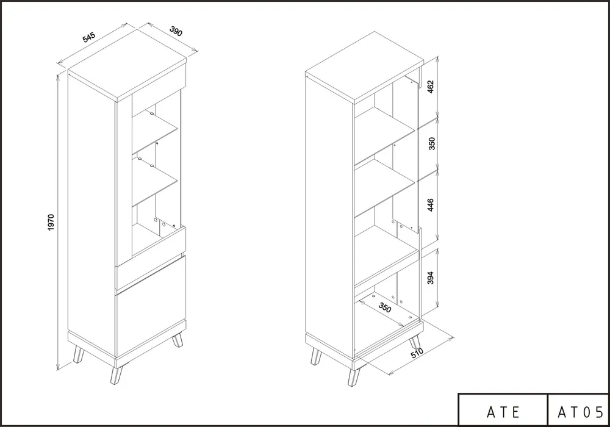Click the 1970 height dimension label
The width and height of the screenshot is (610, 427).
(x=51, y=223)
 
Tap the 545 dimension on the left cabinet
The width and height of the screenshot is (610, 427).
(x=88, y=37)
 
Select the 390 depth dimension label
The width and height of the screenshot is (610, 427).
(x=176, y=31)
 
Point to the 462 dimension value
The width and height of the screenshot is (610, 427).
(x=430, y=87)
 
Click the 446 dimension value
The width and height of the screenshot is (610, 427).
(x=430, y=205)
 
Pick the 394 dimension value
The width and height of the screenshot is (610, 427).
(x=430, y=278)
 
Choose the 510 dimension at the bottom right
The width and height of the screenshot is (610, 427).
(x=417, y=353)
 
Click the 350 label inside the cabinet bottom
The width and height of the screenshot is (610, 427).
(x=384, y=307)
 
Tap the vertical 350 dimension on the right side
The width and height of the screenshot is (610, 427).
(x=431, y=143)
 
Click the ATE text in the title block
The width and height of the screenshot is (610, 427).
(x=503, y=412)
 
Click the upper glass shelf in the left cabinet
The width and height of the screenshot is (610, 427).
(x=155, y=132)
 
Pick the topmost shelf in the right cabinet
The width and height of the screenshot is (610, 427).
(x=384, y=135)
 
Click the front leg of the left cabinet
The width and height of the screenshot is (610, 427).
(x=117, y=374)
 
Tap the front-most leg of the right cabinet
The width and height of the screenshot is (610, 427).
(x=354, y=376)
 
